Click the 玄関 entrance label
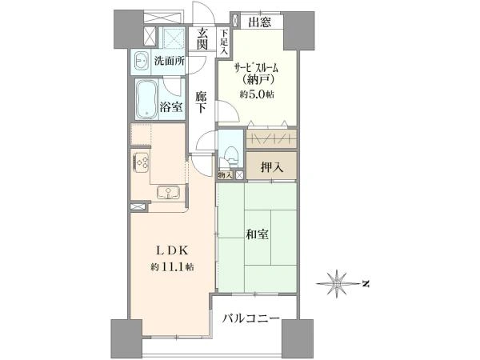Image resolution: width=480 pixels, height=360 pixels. tap(203, 38)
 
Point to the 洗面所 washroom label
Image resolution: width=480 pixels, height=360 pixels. tap(169, 60)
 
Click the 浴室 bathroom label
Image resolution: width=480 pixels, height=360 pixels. tap(169, 104)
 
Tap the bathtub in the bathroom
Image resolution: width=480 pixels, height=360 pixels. tap(146, 100)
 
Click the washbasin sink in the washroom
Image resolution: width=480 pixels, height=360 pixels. tap(141, 59)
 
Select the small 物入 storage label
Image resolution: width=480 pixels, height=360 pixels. tap(226, 174)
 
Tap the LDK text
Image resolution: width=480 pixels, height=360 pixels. tap(172, 248)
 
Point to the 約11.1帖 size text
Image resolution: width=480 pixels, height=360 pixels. tap(172, 266)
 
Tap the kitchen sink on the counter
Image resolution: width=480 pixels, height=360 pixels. tap(169, 190)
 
